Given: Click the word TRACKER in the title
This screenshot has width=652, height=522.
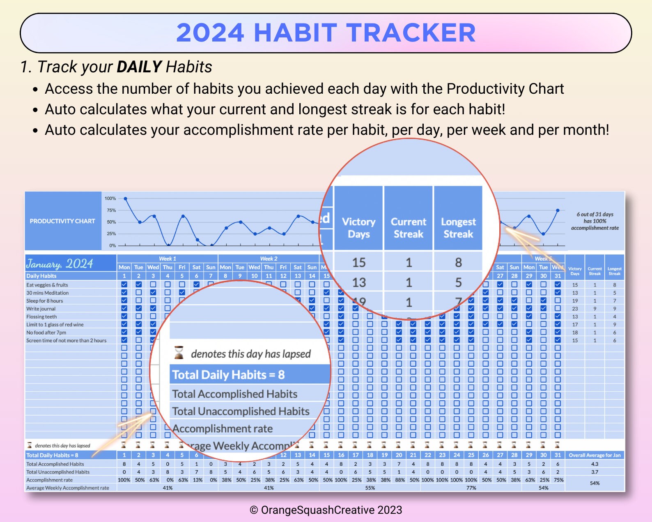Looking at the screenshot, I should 411,33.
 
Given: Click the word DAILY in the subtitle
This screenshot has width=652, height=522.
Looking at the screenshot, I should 139,67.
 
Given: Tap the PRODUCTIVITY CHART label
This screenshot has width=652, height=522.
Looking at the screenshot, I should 62,221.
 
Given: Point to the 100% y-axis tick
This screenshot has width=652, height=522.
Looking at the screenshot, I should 110,199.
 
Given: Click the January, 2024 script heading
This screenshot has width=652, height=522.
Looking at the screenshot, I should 60,263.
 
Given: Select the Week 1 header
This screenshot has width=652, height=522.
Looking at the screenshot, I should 168,259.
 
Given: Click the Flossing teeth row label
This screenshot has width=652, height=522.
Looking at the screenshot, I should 41,316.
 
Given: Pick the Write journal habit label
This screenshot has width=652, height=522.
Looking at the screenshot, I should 41,309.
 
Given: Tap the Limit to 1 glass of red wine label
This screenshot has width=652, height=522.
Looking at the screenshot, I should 55,325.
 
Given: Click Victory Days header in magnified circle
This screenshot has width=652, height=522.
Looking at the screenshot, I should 358,228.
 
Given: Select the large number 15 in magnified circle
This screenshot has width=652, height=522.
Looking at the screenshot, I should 359,263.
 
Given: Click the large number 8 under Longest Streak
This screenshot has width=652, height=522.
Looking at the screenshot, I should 458,263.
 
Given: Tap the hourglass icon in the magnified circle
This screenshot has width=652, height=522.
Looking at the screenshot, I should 179,352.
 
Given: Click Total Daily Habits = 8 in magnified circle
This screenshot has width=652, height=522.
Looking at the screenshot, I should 228,375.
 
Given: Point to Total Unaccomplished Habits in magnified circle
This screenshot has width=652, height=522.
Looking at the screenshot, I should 241,411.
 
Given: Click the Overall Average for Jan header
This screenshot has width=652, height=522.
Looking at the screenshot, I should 595,455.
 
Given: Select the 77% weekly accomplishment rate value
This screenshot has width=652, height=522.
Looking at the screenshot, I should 471,488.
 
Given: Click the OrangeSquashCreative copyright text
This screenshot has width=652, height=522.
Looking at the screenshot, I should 326,510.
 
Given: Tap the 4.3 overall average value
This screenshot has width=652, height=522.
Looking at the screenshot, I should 595,464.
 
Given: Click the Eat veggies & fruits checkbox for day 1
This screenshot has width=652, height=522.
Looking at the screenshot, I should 124,284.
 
